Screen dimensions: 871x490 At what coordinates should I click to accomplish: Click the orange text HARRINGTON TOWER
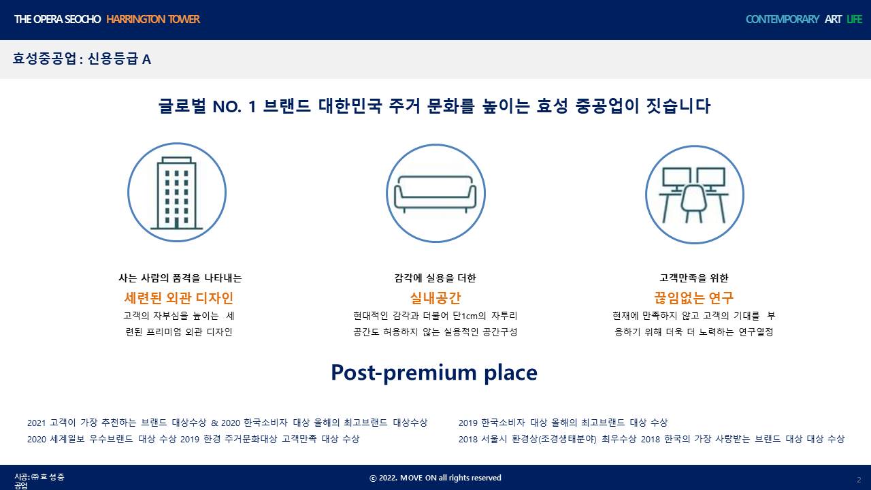click(x=153, y=19)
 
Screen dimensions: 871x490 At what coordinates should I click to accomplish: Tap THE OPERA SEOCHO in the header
click(x=58, y=19)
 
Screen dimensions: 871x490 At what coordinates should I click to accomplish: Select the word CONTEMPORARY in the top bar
click(x=783, y=19)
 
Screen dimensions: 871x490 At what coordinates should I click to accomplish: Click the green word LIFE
click(x=854, y=19)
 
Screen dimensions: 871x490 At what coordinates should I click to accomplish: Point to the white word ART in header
click(x=833, y=19)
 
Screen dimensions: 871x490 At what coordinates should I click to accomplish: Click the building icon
click(x=177, y=192)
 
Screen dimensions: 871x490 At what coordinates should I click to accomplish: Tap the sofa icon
click(x=435, y=193)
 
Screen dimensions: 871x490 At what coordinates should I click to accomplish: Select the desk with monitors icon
click(x=695, y=195)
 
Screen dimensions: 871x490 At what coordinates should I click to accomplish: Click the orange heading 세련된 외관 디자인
click(x=178, y=298)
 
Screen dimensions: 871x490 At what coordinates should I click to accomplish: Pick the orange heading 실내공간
click(x=435, y=298)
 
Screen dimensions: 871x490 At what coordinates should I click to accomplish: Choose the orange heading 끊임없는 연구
click(x=693, y=298)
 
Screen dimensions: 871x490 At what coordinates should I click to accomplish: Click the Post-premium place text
click(x=434, y=372)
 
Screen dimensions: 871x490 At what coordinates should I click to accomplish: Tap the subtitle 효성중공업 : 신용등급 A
click(x=82, y=59)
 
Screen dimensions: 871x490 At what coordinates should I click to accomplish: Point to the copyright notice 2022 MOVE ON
click(x=435, y=478)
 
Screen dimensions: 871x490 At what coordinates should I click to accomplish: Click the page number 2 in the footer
click(x=859, y=480)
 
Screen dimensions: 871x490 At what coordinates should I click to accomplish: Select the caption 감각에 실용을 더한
click(x=435, y=278)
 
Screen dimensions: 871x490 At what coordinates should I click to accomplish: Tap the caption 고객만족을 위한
click(x=694, y=278)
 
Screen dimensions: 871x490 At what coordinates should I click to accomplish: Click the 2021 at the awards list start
click(x=37, y=423)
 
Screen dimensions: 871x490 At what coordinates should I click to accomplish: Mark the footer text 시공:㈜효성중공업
click(x=39, y=481)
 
